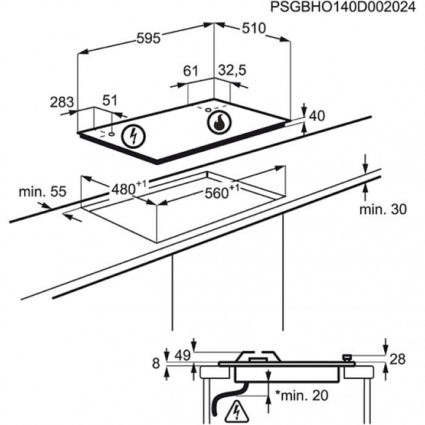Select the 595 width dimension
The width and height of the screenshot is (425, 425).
point(148,38)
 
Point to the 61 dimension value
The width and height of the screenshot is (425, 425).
point(190,71)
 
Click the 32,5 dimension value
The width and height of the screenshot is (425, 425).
point(231,71)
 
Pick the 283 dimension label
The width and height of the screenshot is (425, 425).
point(61,102)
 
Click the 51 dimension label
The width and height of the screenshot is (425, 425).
point(110,101)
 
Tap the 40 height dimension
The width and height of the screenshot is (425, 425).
point(317,116)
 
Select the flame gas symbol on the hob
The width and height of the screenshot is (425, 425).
point(220,123)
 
